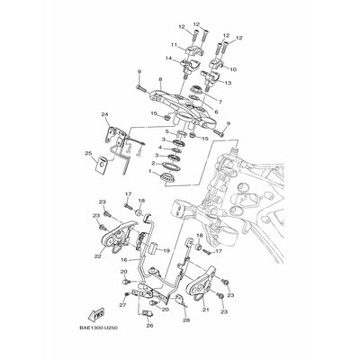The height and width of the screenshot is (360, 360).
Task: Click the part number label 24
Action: pos(105,113)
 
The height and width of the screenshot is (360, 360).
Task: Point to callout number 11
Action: pos(174,45)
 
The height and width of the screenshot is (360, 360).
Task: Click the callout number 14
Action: pos(168,58)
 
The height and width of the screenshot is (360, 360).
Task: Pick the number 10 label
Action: pos(235,67)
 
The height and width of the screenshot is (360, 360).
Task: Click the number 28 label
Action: pos(186,320)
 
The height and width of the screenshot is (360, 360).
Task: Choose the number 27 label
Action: pos(122,306)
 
